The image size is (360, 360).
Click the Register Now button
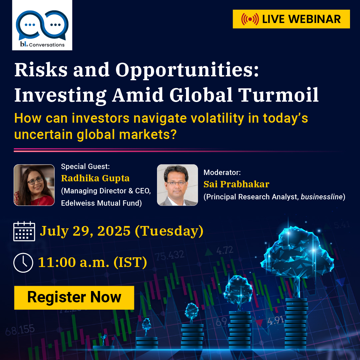coord(74,297)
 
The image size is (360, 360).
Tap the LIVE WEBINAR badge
coord(291,19)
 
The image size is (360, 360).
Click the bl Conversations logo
coord(42,25)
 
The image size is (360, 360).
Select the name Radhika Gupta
coord(95,178)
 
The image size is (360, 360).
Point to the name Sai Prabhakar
coord(236,184)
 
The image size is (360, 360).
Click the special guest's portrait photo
coord(34,185)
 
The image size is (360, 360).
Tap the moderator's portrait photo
coord(177,185)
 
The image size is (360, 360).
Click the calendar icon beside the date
coord(24,231)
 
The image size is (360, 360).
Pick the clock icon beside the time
coord(23,263)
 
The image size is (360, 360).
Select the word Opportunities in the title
coord(187,70)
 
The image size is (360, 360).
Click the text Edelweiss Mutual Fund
coord(101,203)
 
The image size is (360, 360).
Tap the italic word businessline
coord(322,197)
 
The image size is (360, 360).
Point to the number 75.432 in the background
coord(169,255)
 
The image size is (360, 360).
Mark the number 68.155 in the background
coord(20,330)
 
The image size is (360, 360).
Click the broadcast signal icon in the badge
coord(250,19)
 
